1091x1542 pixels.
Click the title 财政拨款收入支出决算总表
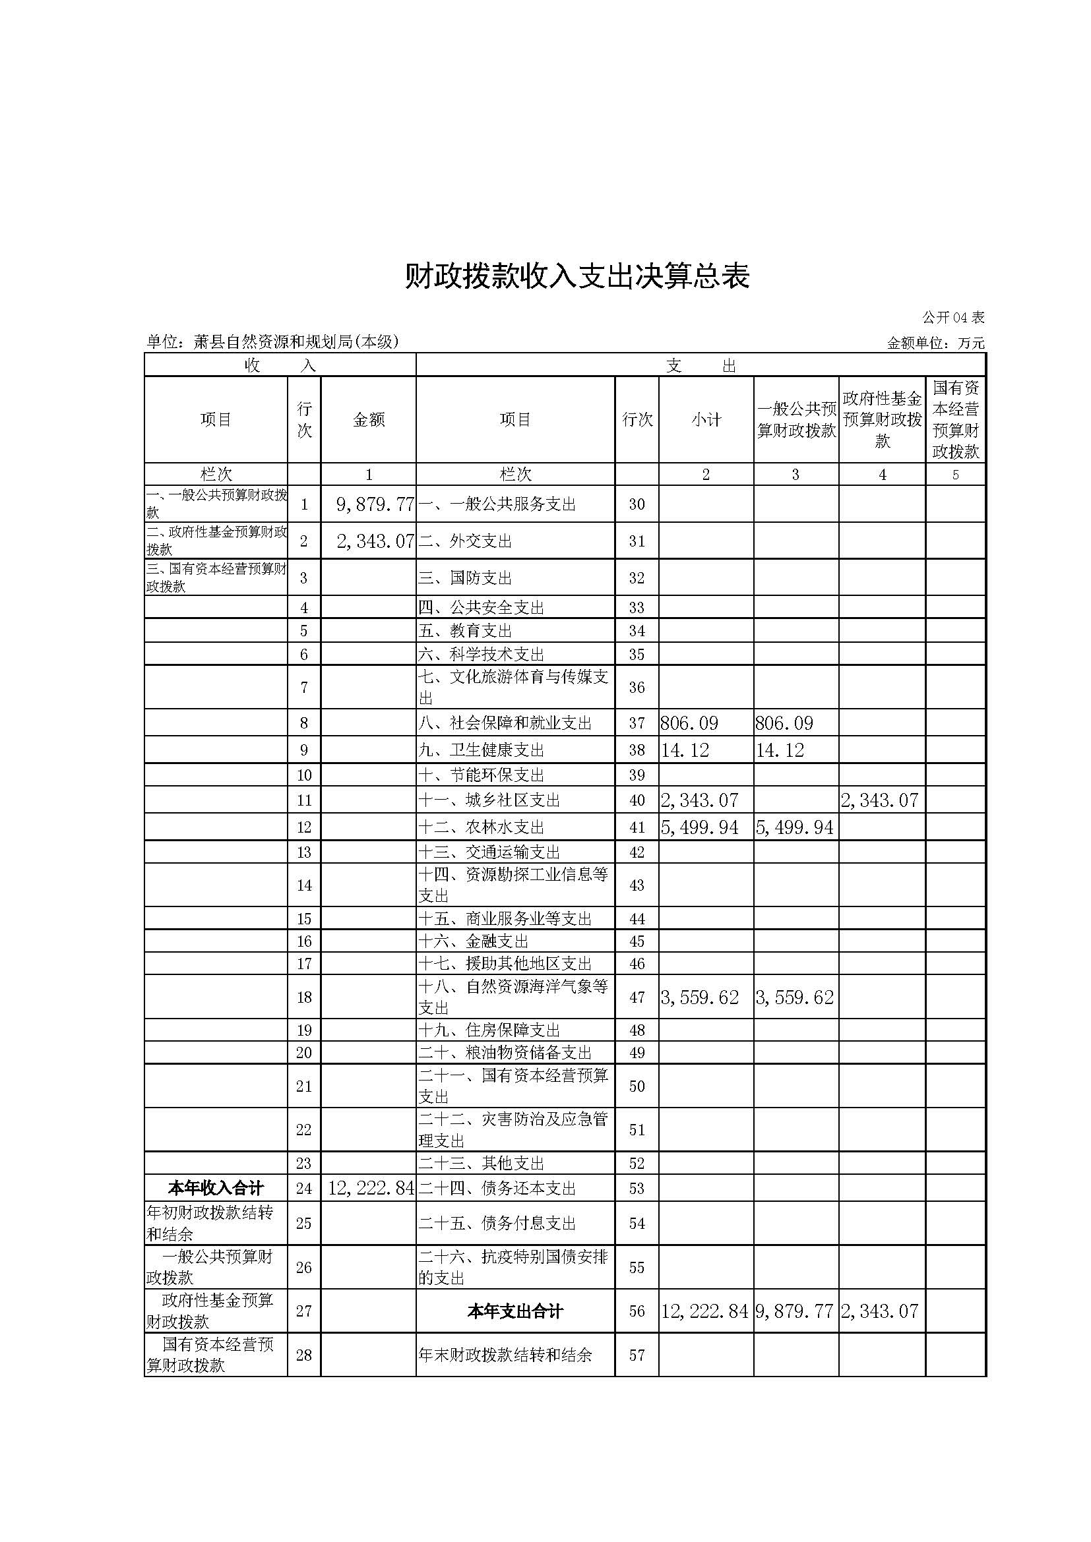point(577,276)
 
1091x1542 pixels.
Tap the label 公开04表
point(952,318)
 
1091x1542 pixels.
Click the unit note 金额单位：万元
point(935,343)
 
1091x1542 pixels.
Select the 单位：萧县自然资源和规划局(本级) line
point(272,342)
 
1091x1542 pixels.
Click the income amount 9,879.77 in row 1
point(374,504)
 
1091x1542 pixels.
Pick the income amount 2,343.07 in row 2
point(375,541)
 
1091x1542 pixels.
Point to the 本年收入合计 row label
point(216,1188)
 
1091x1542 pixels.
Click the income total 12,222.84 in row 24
point(371,1188)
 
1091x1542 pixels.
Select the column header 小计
point(705,420)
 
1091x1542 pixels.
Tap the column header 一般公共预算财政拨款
point(796,420)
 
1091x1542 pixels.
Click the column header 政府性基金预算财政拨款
point(882,420)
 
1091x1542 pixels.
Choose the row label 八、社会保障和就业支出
point(505,723)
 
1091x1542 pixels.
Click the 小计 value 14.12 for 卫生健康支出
point(685,750)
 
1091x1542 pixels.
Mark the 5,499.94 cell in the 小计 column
point(699,827)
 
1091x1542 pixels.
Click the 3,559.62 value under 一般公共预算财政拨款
point(795,997)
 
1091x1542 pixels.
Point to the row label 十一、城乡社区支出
point(489,800)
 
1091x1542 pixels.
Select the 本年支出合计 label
point(514,1311)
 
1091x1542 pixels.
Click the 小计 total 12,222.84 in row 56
point(704,1311)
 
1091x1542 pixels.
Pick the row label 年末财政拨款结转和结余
point(505,1355)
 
